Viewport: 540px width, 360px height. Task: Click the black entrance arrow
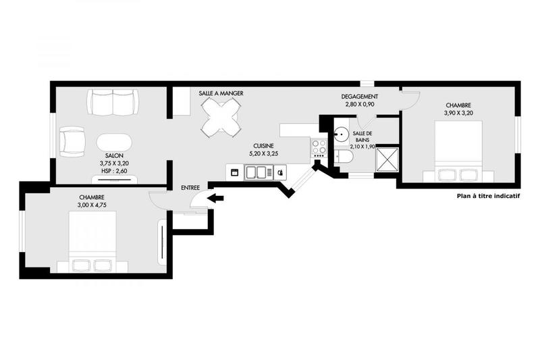pyautogui.click(x=216, y=198)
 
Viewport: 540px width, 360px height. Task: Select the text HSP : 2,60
pyautogui.click(x=114, y=170)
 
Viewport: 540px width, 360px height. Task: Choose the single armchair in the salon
pyautogui.click(x=72, y=140)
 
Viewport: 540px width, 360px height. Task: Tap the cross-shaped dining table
pyautogui.click(x=221, y=118)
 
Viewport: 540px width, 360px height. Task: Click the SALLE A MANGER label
pyautogui.click(x=221, y=93)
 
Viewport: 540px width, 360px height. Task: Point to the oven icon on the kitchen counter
pyautogui.click(x=234, y=172)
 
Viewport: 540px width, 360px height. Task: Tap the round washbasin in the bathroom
pyautogui.click(x=342, y=133)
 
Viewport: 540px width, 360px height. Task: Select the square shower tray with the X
pyautogui.click(x=387, y=160)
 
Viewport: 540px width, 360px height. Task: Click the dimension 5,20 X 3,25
pyautogui.click(x=263, y=154)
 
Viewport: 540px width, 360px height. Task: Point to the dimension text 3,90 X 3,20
pyautogui.click(x=458, y=113)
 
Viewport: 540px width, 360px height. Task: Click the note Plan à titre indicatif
pyautogui.click(x=488, y=197)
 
